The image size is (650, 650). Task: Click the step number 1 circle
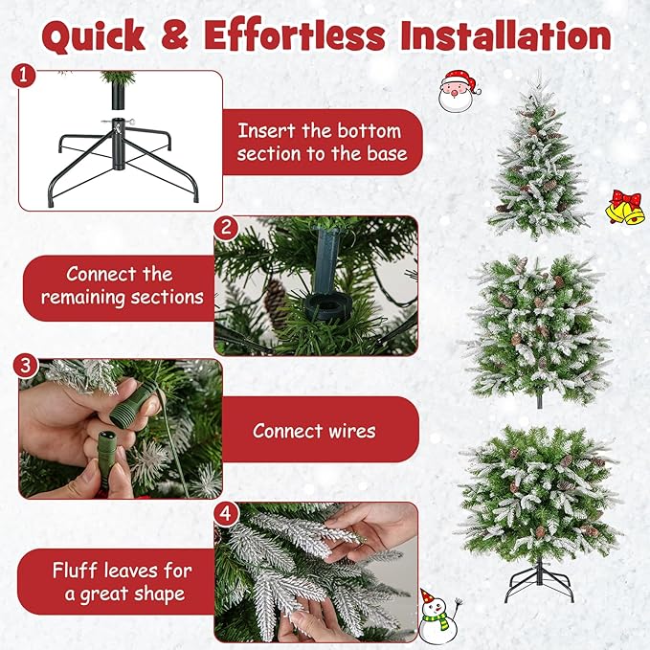tap(26, 76)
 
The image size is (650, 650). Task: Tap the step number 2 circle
tap(227, 228)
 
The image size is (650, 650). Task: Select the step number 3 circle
tap(26, 367)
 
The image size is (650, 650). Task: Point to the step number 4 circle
tap(227, 512)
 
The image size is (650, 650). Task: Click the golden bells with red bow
tap(624, 207)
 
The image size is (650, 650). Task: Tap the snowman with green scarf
tap(438, 614)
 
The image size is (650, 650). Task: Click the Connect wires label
tap(314, 431)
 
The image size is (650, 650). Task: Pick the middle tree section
tap(538, 325)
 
